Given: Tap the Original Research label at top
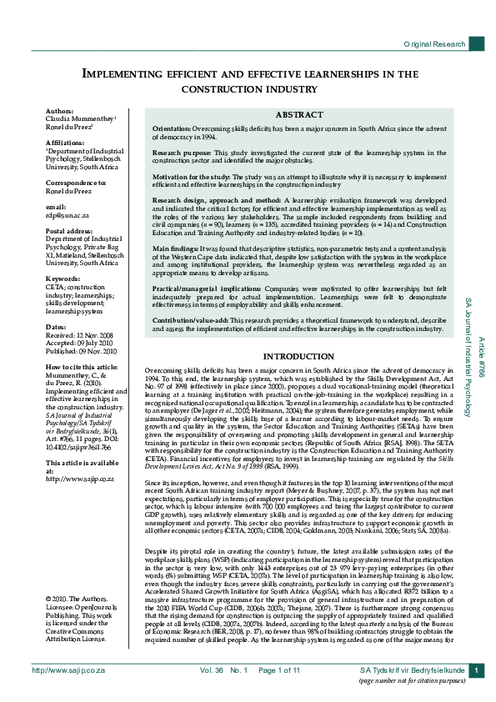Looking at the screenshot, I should pyautogui.click(x=433, y=43).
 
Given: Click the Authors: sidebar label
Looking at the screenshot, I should pyautogui.click(x=59, y=110).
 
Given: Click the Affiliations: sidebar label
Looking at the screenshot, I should pyautogui.click(x=65, y=143).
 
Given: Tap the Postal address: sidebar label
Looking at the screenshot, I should pyautogui.click(x=68, y=230).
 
